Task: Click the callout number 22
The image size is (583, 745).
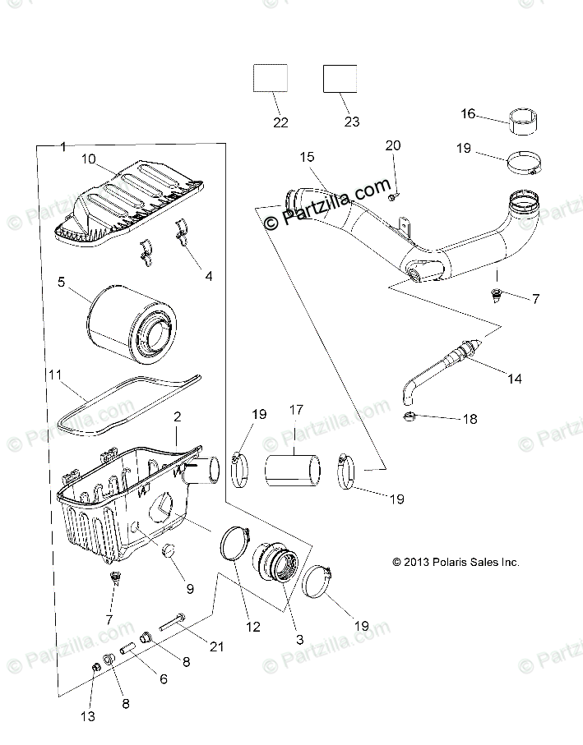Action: (280, 122)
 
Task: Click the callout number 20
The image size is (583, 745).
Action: (393, 145)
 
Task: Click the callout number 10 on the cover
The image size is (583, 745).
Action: (87, 158)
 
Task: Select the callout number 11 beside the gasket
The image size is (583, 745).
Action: (55, 375)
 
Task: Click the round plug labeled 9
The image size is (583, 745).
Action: (171, 550)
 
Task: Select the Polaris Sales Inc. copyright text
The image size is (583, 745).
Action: (456, 563)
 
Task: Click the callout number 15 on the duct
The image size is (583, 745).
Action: (307, 156)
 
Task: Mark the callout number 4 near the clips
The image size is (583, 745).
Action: (208, 277)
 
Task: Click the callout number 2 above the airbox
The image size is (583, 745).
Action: (176, 417)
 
